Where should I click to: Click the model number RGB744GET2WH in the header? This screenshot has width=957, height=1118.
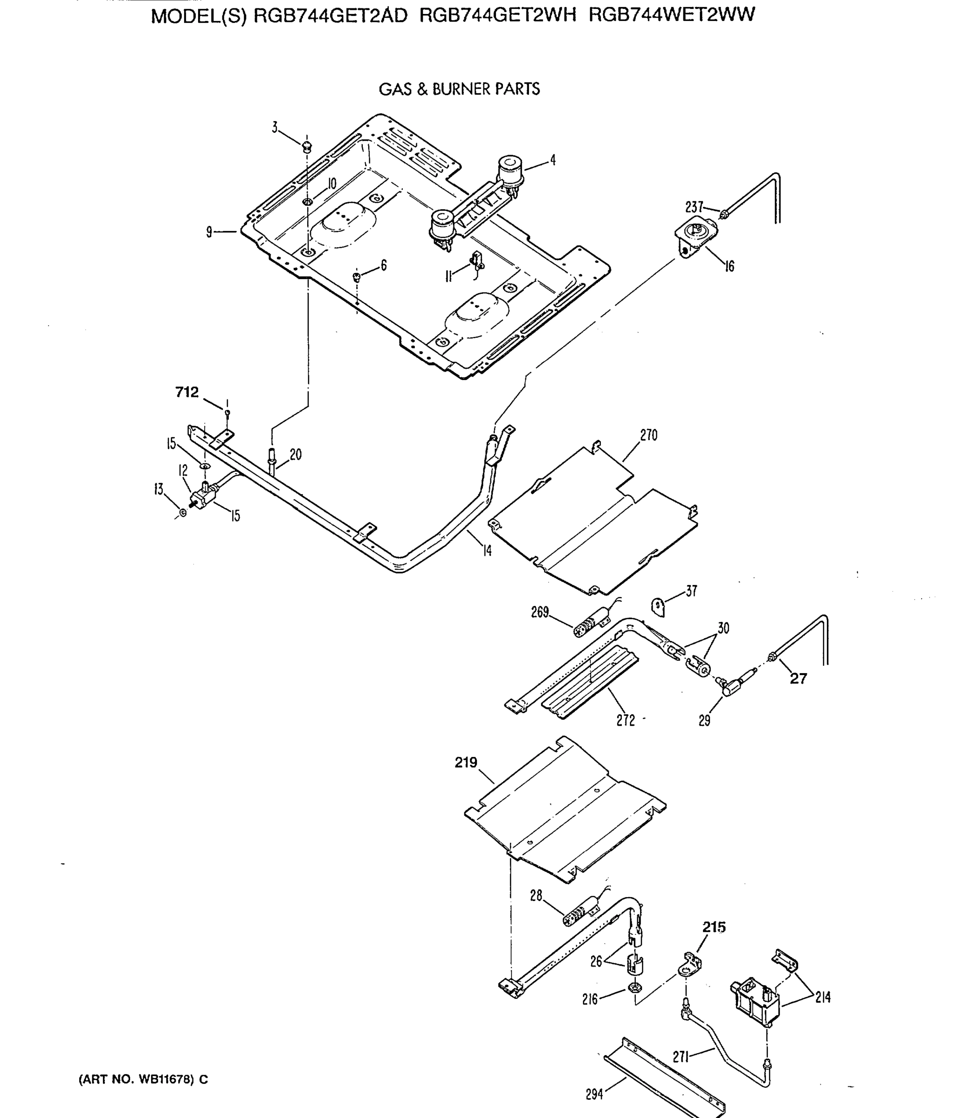[x=497, y=15]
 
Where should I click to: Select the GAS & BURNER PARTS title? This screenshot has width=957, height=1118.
[x=459, y=89]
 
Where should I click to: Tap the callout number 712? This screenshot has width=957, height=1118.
[x=187, y=392]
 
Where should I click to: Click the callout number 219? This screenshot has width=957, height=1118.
[x=466, y=763]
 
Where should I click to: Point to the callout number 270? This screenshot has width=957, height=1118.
[x=648, y=436]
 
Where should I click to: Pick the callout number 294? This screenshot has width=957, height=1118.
[x=594, y=1094]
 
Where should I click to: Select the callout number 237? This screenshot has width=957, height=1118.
[x=694, y=207]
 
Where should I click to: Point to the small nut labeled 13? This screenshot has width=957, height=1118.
[x=183, y=512]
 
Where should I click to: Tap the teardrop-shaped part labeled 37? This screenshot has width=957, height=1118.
[x=658, y=607]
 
